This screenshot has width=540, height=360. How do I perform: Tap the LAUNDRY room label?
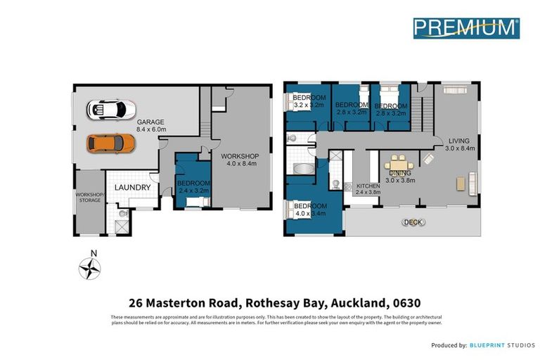pyautogui.click(x=131, y=188)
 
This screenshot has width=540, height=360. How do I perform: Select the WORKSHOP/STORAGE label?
pyautogui.click(x=89, y=197)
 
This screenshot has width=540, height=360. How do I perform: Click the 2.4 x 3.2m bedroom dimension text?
pyautogui.click(x=191, y=189)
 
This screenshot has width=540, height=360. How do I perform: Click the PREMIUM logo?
pyautogui.click(x=465, y=27)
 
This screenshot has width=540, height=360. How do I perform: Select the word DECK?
pyautogui.click(x=410, y=222)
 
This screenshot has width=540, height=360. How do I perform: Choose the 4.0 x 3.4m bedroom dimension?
pyautogui.click(x=309, y=214)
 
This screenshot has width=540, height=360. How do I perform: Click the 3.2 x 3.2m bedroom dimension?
pyautogui.click(x=309, y=105)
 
